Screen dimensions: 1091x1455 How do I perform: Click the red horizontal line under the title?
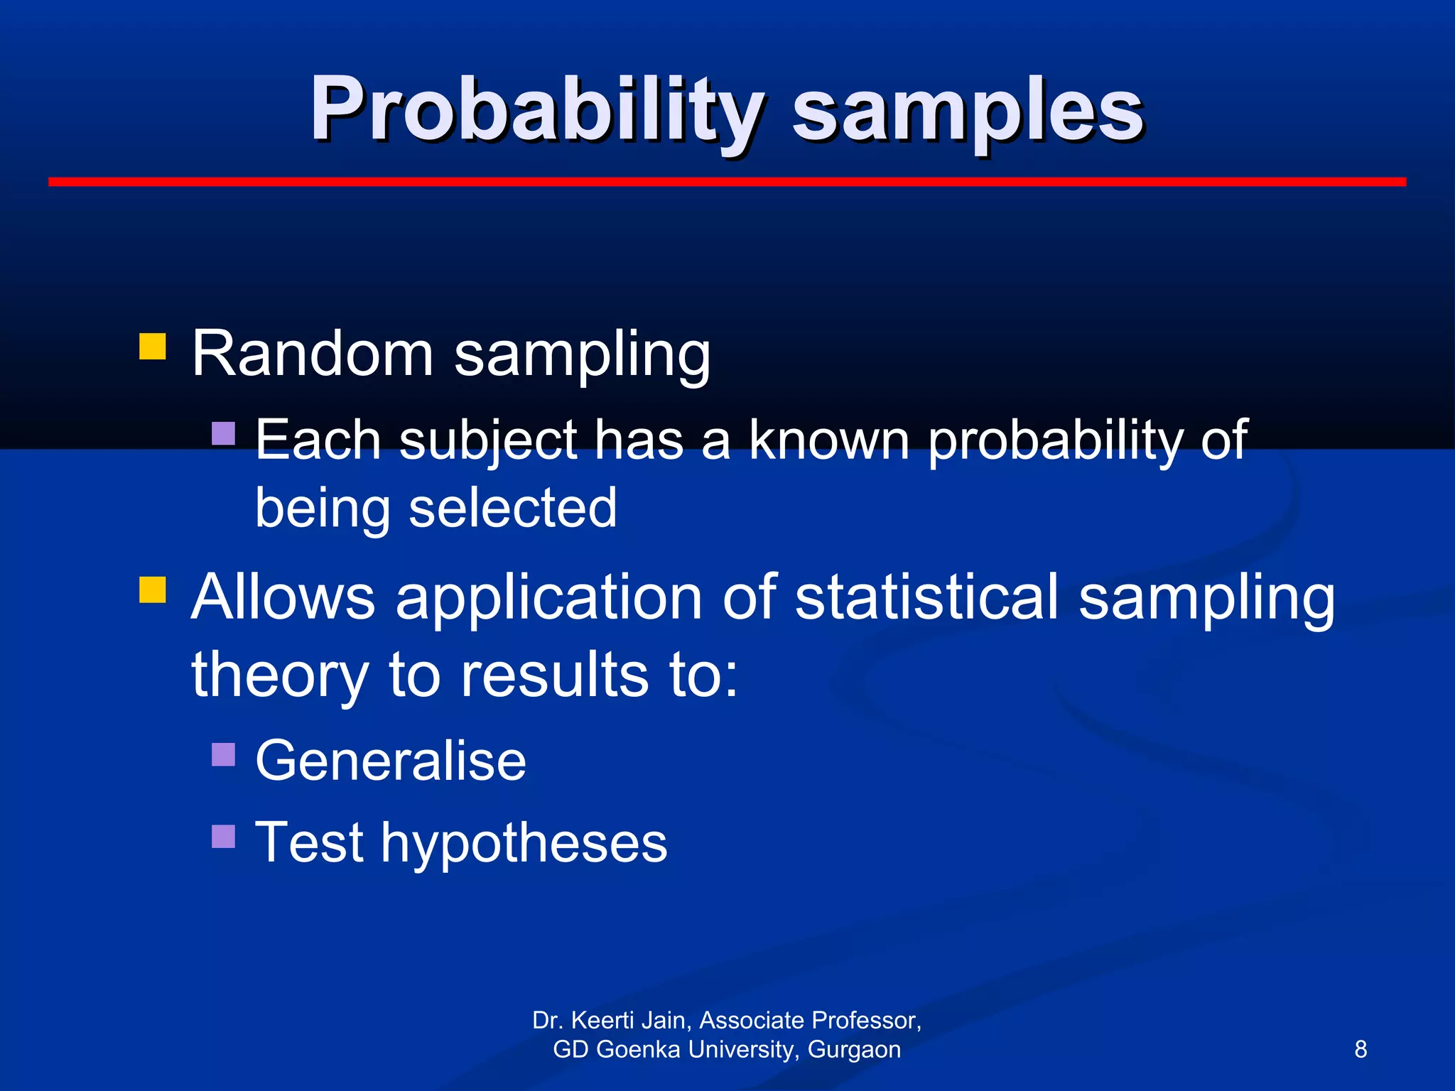point(727,182)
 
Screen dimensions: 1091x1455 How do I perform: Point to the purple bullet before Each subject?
point(223,433)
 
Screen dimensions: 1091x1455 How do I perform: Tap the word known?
point(828,440)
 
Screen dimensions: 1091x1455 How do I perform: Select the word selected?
point(512,509)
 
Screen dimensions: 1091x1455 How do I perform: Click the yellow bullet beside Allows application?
point(152,590)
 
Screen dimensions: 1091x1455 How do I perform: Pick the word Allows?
point(283,597)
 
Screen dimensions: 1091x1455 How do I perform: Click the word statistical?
point(926,597)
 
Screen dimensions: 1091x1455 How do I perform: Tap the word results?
point(554,675)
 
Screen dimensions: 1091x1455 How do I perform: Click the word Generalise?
point(391,761)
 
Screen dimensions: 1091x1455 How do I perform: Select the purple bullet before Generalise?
point(223,754)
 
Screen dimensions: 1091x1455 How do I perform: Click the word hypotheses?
point(524,844)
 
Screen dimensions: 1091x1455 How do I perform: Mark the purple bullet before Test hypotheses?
point(223,836)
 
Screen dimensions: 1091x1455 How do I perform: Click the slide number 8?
point(1361,1049)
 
